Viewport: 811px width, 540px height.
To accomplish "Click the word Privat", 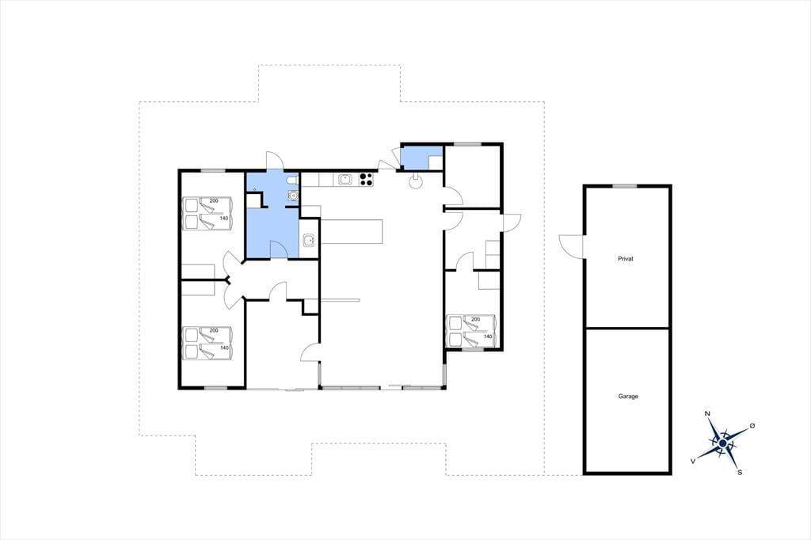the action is (x=626, y=259).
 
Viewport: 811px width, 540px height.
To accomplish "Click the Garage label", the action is (x=628, y=396).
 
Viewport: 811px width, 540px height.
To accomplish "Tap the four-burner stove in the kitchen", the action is (x=366, y=178).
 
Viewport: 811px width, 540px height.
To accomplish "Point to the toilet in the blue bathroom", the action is (x=293, y=180).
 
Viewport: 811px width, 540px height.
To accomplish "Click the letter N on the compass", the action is (x=707, y=413).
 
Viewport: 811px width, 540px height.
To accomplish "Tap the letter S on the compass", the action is (x=740, y=472).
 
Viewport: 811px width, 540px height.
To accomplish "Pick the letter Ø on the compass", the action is (x=752, y=425).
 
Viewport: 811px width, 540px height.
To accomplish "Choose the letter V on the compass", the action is (x=692, y=460).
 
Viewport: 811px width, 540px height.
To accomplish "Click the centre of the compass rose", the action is (x=722, y=443).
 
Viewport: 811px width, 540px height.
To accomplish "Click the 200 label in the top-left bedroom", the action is (x=214, y=200).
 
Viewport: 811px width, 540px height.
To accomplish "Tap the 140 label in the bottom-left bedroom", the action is (x=224, y=348).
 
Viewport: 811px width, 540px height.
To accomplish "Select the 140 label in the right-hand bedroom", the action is (x=488, y=337).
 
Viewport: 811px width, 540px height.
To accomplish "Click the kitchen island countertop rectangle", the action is (x=352, y=231).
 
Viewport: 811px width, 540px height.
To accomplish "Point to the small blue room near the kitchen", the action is (x=422, y=158).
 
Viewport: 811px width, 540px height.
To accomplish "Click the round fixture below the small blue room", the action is (x=415, y=181).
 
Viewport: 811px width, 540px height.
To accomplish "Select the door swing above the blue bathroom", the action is (x=273, y=161).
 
